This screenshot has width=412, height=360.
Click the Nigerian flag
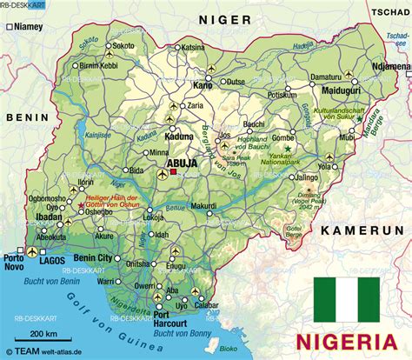pos(347,295)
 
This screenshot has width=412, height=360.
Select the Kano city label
pos(202,85)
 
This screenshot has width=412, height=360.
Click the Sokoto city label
pos(124,44)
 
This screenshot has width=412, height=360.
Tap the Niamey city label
pos(28,26)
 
